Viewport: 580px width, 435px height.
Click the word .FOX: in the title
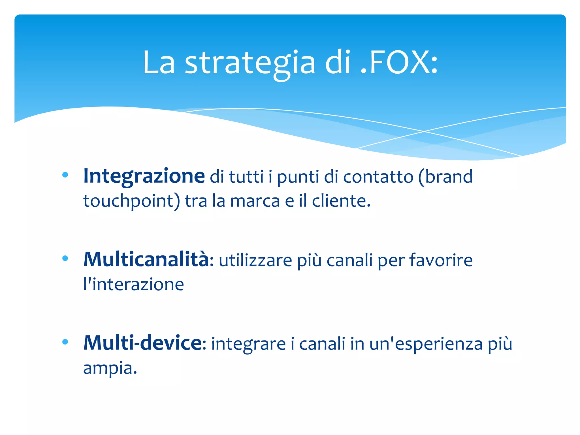[x=399, y=62]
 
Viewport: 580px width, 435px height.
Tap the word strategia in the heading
[x=250, y=63]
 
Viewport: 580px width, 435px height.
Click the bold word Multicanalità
[x=146, y=259]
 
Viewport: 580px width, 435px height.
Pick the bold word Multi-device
[x=143, y=343]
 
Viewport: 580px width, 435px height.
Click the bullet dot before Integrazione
[x=65, y=175]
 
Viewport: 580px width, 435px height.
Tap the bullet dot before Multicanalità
[x=65, y=258]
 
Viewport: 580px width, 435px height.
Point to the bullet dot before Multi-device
[x=65, y=342]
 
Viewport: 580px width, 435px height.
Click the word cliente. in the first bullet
[x=341, y=201]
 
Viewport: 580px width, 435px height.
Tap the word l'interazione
[x=133, y=284]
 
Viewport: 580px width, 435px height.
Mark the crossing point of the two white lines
[x=424, y=131]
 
